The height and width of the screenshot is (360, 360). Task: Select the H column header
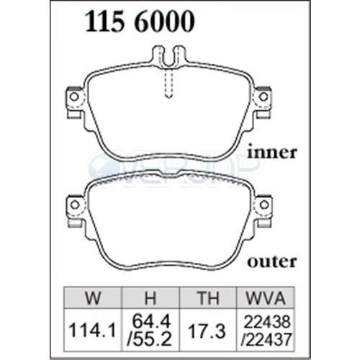pos(148,297)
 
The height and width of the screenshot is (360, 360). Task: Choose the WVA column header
pos(262,297)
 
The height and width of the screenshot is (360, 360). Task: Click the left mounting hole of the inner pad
pos(72,96)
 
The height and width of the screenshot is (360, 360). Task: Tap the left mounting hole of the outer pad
pos(72,204)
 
